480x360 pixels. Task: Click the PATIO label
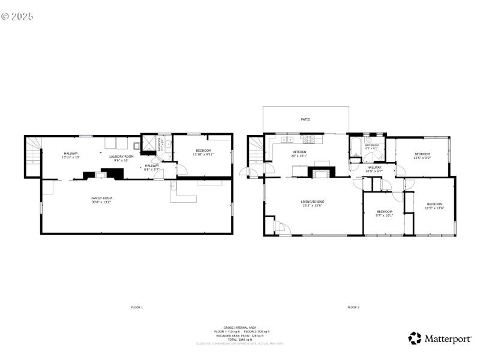click(305, 119)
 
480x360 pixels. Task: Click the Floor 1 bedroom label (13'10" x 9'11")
click(203, 153)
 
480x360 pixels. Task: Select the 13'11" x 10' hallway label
click(71, 155)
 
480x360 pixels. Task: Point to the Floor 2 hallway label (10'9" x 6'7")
click(374, 169)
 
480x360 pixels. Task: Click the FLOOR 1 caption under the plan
click(137, 307)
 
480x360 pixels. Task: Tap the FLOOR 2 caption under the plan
click(353, 307)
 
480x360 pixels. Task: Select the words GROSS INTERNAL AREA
click(239, 328)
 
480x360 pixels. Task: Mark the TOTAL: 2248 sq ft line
click(239, 339)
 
